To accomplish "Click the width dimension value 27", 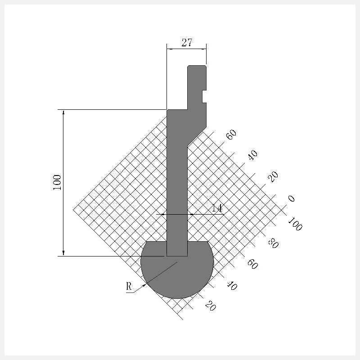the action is [187, 42].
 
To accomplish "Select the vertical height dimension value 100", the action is [57, 183].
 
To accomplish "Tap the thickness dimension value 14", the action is [217, 208].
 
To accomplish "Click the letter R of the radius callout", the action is [129, 286].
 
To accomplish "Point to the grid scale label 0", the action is [291, 198].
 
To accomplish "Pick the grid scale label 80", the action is [273, 243].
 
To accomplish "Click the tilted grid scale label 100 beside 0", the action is [295, 224].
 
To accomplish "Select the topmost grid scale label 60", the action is [231, 134].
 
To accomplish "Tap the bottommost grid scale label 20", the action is [210, 306].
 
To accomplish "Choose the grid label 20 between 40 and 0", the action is [273, 177].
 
